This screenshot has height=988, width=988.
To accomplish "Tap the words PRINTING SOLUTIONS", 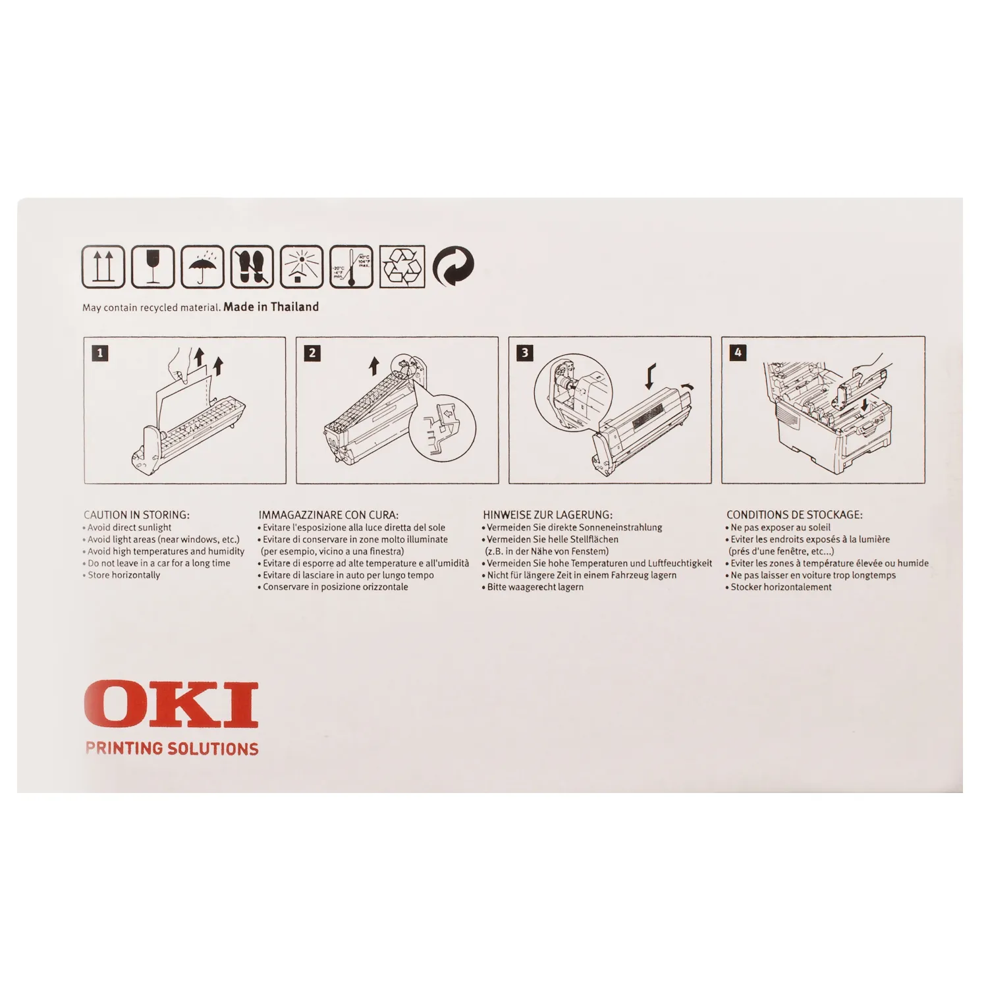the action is [172, 748].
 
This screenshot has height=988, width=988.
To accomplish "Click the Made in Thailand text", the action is [271, 307].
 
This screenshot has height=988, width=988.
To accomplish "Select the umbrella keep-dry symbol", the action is [202, 266].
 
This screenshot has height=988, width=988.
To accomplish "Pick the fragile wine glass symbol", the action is [153, 266].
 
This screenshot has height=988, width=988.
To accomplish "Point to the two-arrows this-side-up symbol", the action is [103, 266].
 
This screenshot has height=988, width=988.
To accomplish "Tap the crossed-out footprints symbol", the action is [252, 266].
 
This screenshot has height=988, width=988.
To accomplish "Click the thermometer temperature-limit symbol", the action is [351, 266].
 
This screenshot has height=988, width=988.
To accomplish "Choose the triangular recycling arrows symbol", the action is [402, 266].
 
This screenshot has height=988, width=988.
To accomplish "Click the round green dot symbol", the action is [453, 266].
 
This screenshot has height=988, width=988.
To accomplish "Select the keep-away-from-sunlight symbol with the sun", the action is [302, 266].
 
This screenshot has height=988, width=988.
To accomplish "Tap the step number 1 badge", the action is [100, 353].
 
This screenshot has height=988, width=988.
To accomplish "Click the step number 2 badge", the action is [312, 353].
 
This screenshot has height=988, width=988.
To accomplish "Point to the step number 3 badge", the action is [525, 353].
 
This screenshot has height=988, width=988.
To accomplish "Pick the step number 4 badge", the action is [738, 353].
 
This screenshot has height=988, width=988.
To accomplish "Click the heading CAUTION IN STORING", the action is [136, 515].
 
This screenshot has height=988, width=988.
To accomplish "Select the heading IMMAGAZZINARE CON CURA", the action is [329, 515].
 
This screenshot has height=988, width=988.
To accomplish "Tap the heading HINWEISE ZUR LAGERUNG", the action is [547, 515].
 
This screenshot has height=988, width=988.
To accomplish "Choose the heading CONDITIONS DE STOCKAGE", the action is [794, 515].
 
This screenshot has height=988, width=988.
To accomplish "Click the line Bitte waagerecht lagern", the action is [533, 587].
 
